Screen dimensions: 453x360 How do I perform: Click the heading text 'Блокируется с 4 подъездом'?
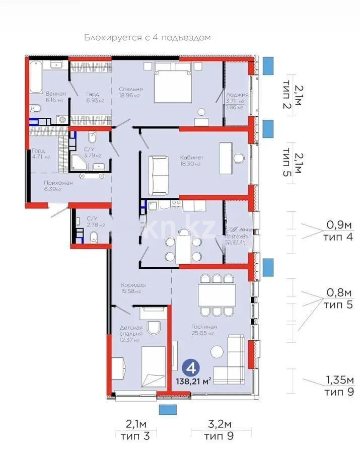coord(147,38)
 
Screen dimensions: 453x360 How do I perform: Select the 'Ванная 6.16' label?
coord(55,97)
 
